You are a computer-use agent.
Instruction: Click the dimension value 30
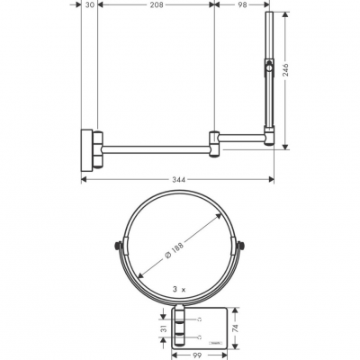(x=90, y=4)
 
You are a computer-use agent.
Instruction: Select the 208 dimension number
(x=157, y=4)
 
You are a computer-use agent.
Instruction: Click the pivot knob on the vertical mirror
(x=267, y=67)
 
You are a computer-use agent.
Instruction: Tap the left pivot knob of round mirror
(x=117, y=247)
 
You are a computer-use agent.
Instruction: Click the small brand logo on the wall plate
(x=217, y=342)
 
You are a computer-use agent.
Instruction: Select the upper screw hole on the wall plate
(x=197, y=321)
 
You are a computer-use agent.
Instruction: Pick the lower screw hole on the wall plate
(x=197, y=337)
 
